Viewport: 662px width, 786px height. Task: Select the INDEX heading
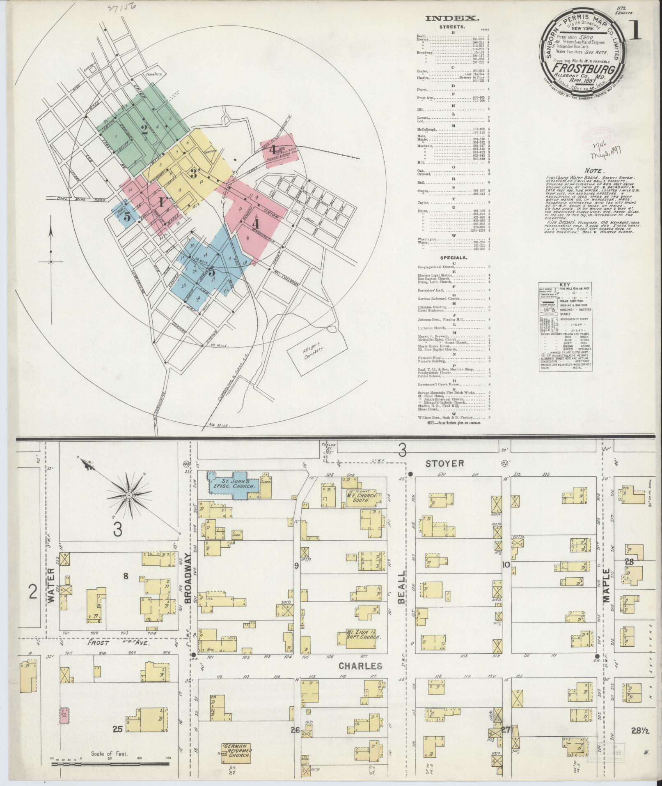[452, 18]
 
